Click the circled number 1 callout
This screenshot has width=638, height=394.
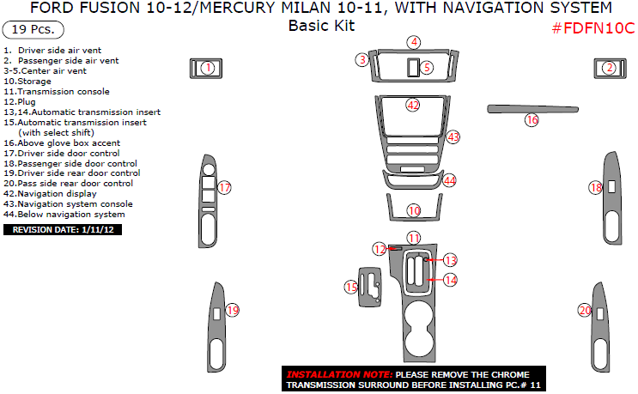tap(207, 67)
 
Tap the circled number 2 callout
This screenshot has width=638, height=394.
tap(609, 68)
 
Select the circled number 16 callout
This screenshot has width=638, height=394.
tap(532, 120)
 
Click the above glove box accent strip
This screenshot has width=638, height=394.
tap(532, 109)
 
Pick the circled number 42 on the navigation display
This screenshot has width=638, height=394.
tap(414, 105)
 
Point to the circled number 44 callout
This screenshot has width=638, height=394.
tap(449, 180)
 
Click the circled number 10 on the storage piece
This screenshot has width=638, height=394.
tap(415, 210)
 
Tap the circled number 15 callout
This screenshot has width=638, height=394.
tap(350, 287)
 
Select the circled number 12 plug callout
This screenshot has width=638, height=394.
tap(379, 249)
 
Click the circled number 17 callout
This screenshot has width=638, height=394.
tap(225, 188)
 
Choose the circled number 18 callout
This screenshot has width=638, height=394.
tap(596, 187)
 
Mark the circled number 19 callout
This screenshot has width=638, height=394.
tap(232, 310)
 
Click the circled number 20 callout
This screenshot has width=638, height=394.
tap(585, 310)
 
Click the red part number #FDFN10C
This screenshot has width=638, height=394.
tap(592, 27)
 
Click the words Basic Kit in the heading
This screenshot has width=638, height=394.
tap(321, 26)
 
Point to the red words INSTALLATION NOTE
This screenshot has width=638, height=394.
tap(339, 375)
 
